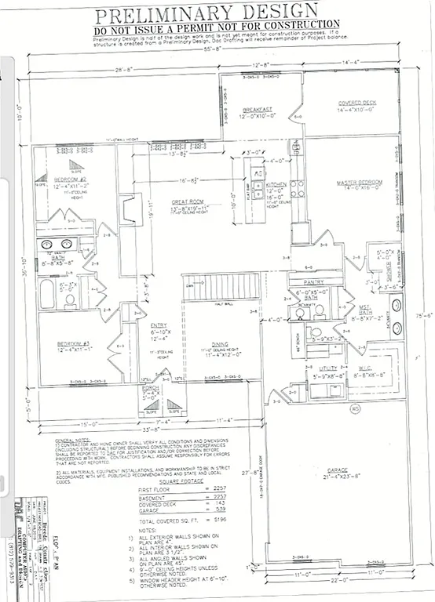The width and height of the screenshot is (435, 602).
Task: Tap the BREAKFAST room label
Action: (x=258, y=109)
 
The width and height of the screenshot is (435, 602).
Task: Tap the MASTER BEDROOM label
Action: (x=360, y=183)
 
